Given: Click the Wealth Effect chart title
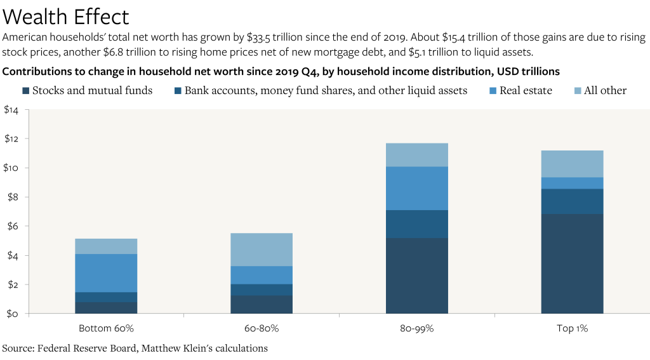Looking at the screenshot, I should (x=66, y=16).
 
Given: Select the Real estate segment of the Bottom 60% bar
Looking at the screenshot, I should (x=106, y=273).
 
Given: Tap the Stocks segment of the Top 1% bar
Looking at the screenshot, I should (x=572, y=263).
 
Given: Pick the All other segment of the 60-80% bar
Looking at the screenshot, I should (x=262, y=250).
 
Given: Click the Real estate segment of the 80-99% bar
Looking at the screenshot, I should (x=417, y=189).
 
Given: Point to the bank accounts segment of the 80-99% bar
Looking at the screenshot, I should (x=417, y=224).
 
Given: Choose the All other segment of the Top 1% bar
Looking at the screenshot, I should (x=572, y=164).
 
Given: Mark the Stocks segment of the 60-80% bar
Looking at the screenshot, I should (x=262, y=304).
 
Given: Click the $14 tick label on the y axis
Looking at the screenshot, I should (x=11, y=110).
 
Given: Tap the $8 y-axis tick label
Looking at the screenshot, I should (x=12, y=197).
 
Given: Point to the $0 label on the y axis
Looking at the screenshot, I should (x=12, y=314).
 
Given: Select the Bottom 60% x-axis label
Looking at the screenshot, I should (x=106, y=329).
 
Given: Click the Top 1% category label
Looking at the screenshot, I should (x=572, y=329).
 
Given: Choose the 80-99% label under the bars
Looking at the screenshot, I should (x=417, y=329).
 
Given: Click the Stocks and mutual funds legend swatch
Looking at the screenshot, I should (x=26, y=91).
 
